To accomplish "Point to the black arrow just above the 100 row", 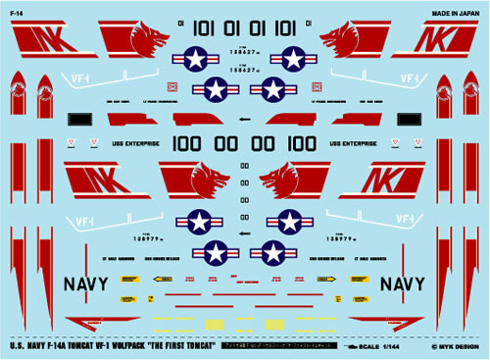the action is click(x=242, y=121).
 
